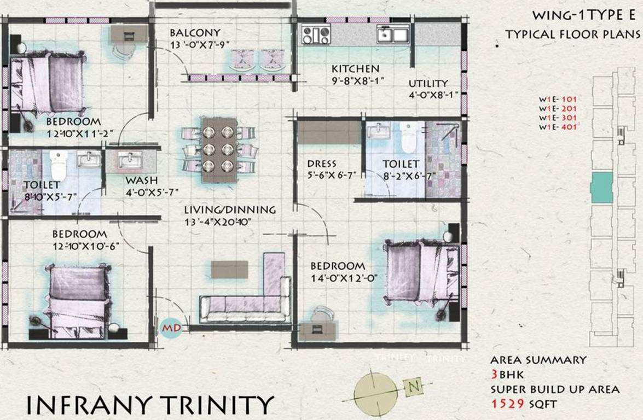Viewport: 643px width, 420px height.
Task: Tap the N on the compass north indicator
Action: (414, 387)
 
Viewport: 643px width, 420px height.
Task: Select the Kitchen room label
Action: (355, 69)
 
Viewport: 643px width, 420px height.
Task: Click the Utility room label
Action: (428, 84)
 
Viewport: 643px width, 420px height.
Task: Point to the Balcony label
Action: (195, 33)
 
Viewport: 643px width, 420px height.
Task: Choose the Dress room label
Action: (322, 164)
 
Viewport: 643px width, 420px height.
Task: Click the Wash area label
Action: (141, 180)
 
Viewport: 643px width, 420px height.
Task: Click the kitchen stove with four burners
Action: (316, 35)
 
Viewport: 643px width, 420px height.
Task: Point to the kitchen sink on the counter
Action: (392, 35)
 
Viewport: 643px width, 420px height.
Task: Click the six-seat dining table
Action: (219, 149)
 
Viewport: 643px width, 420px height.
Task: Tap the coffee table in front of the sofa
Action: (229, 269)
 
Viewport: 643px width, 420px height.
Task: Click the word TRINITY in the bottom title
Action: (214, 405)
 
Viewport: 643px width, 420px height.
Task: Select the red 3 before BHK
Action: (495, 375)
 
